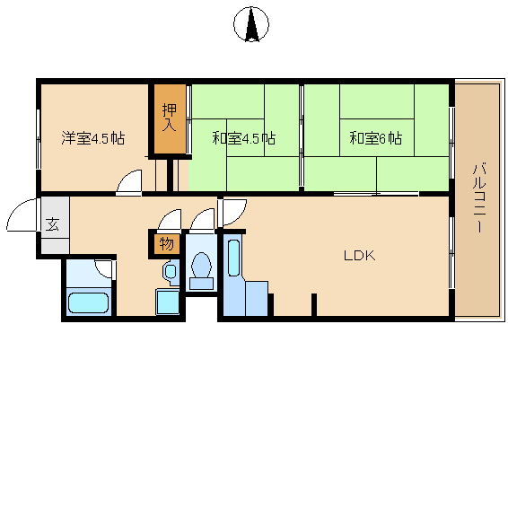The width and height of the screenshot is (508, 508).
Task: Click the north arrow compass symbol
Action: (x=251, y=24)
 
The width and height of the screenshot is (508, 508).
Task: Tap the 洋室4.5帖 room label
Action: (x=93, y=138)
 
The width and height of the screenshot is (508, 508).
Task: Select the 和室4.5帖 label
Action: (x=243, y=138)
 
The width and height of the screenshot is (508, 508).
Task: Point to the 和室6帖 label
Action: (x=376, y=138)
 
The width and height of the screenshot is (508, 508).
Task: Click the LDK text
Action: (x=360, y=256)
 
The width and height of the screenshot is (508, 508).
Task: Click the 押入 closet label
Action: (x=170, y=118)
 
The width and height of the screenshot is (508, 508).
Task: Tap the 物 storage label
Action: (x=166, y=243)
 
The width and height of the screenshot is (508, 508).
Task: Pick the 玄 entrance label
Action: (x=52, y=224)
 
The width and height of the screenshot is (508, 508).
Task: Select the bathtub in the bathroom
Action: (x=88, y=303)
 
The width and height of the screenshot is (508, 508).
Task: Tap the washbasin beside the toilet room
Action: (x=171, y=271)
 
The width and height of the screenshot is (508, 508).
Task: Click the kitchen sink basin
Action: (x=234, y=258)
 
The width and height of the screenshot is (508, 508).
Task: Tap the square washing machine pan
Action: (x=168, y=302)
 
